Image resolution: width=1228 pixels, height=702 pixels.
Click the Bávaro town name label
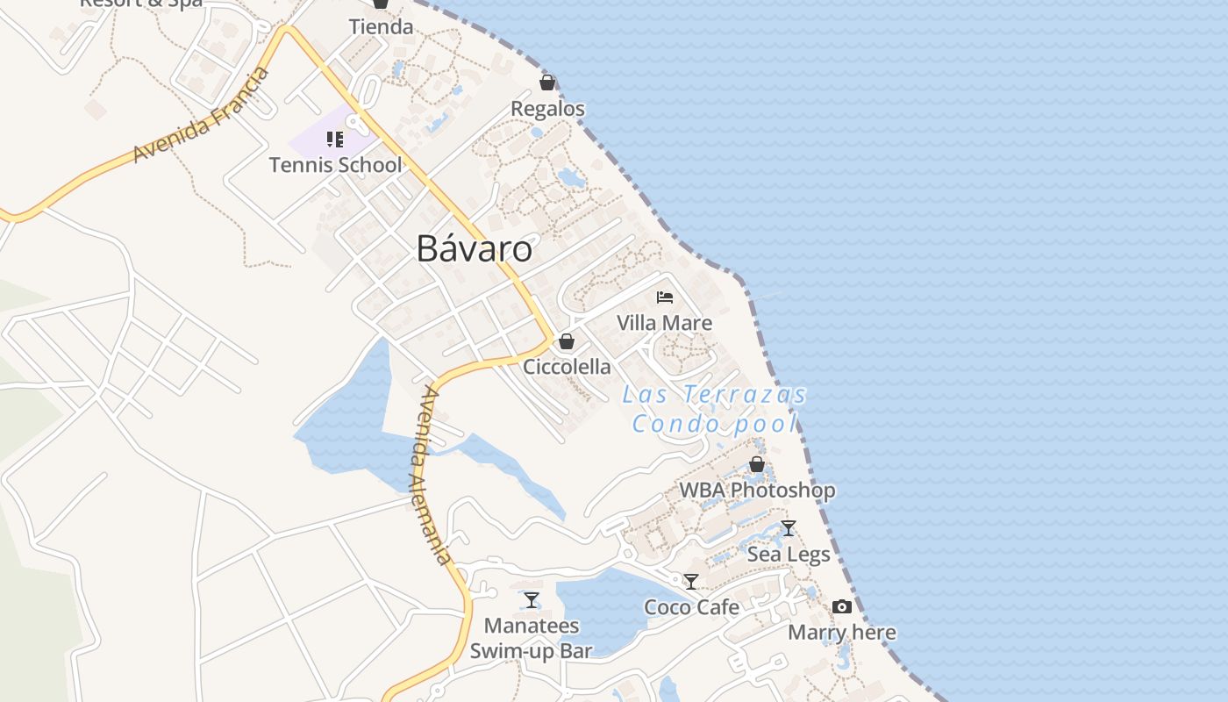474,249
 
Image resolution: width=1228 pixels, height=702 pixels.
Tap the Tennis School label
335,165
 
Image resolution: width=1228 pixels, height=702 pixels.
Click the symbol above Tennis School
334,140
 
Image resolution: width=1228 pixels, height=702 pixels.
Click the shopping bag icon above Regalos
547,82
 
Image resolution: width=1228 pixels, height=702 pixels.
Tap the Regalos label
547,109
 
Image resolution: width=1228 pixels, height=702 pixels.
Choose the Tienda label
381,27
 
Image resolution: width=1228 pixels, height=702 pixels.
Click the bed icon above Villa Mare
665,297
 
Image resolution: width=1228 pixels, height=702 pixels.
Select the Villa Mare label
664,323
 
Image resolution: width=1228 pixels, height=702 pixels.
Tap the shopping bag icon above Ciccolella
567,341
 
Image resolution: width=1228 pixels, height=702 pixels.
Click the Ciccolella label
567,367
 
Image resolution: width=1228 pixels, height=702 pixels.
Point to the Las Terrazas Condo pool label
714,409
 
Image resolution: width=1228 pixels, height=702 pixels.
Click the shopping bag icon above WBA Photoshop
757,464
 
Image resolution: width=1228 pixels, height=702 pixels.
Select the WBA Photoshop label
757,490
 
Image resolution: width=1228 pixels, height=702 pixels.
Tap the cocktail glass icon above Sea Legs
789,528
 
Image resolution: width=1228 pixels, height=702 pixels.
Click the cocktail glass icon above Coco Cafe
691,581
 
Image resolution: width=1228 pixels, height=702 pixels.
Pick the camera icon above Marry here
842,607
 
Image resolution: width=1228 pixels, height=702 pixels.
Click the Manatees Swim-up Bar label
532,638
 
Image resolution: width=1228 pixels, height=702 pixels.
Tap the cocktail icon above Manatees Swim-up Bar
532,600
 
